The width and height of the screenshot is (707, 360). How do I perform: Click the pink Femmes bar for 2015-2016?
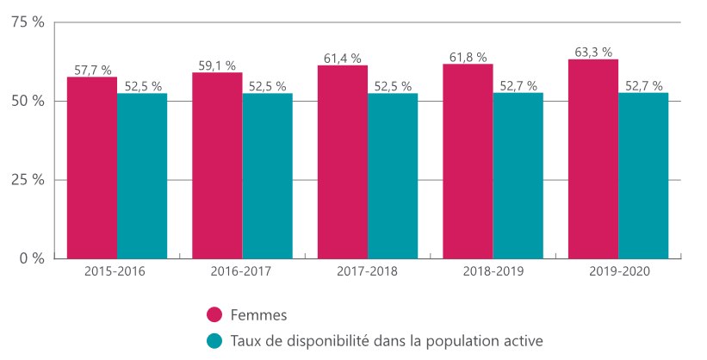coord(92,168)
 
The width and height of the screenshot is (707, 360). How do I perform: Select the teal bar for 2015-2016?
coord(142,176)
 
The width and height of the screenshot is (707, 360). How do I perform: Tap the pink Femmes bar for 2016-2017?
coord(217,165)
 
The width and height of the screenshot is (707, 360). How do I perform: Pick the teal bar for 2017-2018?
coord(393,176)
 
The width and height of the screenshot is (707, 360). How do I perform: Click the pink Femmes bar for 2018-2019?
coord(468,161)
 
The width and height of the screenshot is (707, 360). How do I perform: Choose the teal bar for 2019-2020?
coord(643,176)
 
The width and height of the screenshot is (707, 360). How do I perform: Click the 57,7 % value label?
coord(92,70)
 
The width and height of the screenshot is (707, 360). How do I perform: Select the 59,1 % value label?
coord(217,65)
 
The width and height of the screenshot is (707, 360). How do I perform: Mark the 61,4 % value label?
coord(343,58)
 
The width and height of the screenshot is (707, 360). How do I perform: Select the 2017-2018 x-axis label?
coord(367,271)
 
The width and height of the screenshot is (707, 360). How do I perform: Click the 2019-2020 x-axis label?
coord(617,271)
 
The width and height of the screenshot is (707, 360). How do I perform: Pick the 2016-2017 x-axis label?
coord(241,271)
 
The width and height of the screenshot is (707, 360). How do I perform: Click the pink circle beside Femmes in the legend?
coord(214,314)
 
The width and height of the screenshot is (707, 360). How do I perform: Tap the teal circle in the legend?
coord(214,340)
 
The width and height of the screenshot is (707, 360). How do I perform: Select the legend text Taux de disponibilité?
coord(387,340)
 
